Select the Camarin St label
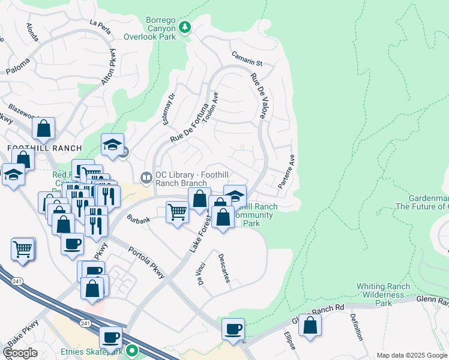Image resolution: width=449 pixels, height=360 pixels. tap(248, 59)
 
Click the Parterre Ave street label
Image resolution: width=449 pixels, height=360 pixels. tap(287, 172)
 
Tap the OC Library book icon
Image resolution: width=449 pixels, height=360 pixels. tap(146, 177)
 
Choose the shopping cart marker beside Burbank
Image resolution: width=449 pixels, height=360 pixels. tap(176, 212)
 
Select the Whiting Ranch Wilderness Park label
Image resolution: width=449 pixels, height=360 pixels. tap(383, 295)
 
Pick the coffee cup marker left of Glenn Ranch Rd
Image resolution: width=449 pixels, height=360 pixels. tap(232, 328)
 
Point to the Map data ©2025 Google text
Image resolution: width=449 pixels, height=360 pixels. tap(412, 355)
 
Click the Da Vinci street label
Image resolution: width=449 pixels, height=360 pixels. tap(199, 271)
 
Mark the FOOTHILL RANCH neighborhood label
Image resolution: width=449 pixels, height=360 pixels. tap(35, 148)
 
